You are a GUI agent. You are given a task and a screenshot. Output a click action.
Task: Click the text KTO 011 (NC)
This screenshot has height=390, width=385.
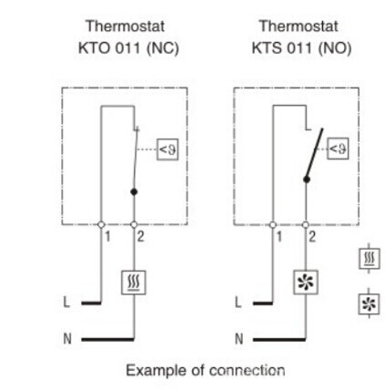tap(128, 48)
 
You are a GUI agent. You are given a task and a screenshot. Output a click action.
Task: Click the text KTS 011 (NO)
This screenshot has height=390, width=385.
tap(301, 48)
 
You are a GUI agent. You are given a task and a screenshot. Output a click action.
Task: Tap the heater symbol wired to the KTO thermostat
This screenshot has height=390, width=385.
tap(134, 282)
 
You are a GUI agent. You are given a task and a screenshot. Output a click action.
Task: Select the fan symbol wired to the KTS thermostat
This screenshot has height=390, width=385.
tap(306, 282)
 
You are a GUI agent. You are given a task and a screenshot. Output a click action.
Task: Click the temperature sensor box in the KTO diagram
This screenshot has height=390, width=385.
tap(167, 149)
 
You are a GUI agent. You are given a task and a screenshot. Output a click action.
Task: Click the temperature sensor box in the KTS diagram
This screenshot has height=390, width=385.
tap(338, 149)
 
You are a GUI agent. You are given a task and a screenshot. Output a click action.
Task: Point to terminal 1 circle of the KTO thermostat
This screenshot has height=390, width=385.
tap(101, 225)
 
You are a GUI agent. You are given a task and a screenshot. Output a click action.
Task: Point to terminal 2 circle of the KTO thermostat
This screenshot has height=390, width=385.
tap(134, 225)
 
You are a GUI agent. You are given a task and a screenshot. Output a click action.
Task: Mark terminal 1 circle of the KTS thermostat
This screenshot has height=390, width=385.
tap(273, 225)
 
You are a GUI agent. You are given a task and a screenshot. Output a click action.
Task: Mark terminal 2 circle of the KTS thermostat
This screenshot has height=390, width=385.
tap(306, 225)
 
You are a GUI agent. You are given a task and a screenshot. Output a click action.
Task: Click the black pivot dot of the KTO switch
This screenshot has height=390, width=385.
tap(134, 192)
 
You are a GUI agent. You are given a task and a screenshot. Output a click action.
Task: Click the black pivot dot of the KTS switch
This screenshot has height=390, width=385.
tap(307, 180)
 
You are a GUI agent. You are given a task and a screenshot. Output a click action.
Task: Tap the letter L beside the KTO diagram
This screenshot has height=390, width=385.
tap(66, 302)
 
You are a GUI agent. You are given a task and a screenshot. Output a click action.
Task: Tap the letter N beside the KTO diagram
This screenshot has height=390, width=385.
tap(67, 338)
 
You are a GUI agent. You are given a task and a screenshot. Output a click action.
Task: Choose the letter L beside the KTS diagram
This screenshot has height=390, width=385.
tap(238, 302)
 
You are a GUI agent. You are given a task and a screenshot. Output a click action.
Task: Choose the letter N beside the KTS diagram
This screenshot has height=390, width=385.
tap(239, 338)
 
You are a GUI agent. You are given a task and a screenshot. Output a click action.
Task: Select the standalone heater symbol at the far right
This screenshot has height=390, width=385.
tap(369, 259)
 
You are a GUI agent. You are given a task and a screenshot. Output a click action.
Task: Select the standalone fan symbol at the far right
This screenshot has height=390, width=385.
tap(369, 303)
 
